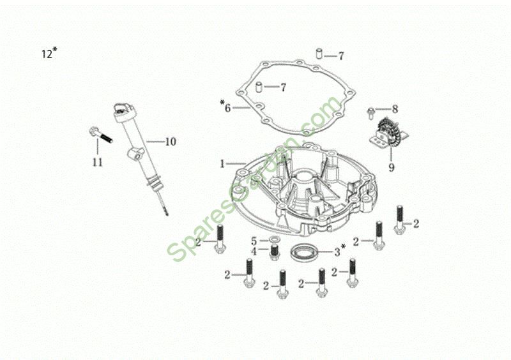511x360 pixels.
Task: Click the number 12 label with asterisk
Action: point(50,53)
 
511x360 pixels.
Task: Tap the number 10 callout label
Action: point(171,142)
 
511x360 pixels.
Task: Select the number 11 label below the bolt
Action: point(98,162)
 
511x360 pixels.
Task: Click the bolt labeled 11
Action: point(100,134)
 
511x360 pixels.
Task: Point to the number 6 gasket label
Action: point(225,107)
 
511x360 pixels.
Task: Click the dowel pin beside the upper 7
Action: point(319,54)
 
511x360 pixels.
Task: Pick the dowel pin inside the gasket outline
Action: point(259,87)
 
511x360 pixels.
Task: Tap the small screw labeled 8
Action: point(371,113)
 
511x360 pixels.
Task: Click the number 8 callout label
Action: point(395,109)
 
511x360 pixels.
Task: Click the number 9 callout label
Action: point(392,167)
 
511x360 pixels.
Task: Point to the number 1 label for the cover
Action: point(222,163)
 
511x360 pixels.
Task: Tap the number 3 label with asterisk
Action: point(339,250)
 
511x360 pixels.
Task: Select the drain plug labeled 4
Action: point(275,252)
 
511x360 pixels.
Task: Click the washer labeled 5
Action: point(275,240)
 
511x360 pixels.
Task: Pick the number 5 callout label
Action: point(254,241)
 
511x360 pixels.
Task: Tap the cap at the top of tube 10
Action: point(123,110)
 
